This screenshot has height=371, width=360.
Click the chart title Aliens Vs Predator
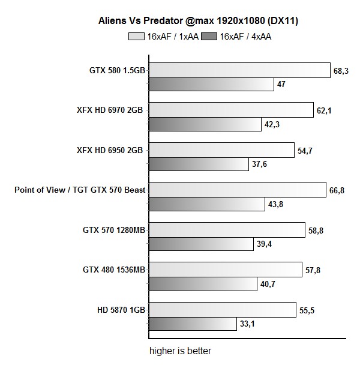198,20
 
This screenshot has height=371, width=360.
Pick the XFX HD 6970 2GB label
110,110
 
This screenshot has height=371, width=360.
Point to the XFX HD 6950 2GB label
110,150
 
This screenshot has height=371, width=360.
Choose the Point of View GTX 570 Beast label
80,190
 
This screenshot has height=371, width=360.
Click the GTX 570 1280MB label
114,230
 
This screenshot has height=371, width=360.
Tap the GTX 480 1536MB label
114,270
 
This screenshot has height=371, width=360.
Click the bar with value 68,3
239,70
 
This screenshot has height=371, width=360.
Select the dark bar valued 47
211,84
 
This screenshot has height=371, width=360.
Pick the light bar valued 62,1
231,110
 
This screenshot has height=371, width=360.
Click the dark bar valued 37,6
199,164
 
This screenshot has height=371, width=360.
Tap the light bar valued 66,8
238,190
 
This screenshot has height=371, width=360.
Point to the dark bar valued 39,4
201,244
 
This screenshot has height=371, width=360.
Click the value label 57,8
313,271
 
